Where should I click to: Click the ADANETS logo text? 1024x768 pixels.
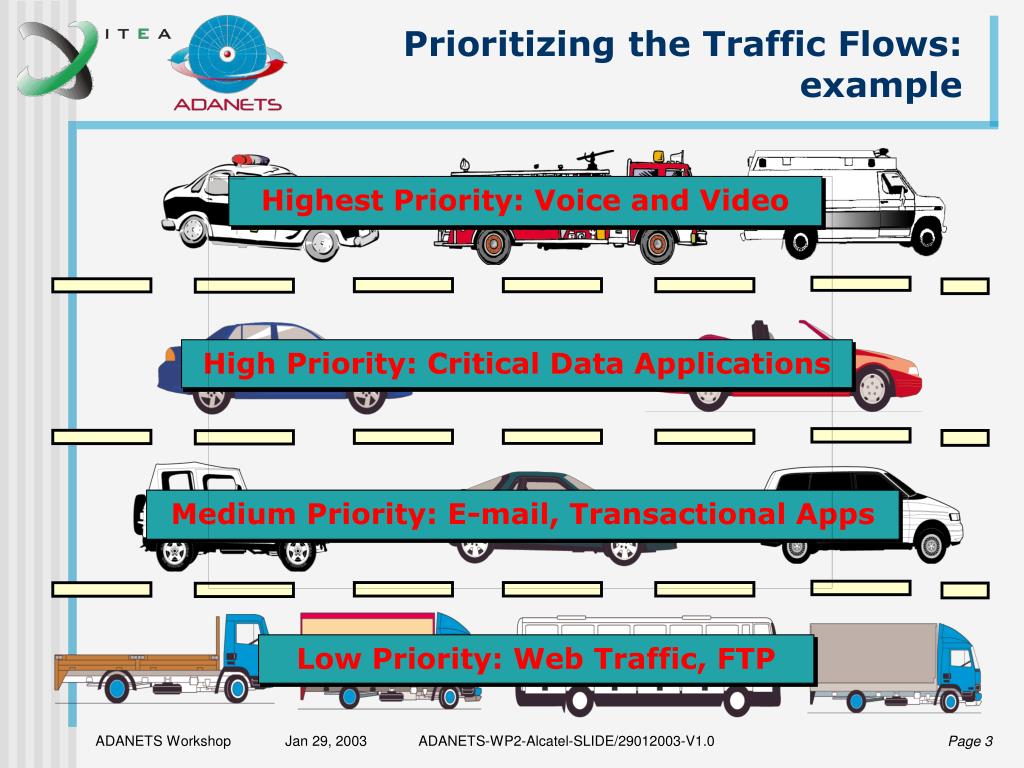point(227,103)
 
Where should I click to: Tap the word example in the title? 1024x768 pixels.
point(881,85)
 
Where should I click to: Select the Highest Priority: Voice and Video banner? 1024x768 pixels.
point(525,201)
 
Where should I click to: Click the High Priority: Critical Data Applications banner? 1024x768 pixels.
point(517,363)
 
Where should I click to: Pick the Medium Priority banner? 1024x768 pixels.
point(523,515)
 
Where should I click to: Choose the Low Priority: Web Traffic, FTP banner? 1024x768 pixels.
point(536,659)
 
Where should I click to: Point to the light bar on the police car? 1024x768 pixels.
point(250,159)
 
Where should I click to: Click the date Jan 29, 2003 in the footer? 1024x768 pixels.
point(326,741)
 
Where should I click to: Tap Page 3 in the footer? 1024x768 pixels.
point(970,741)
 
